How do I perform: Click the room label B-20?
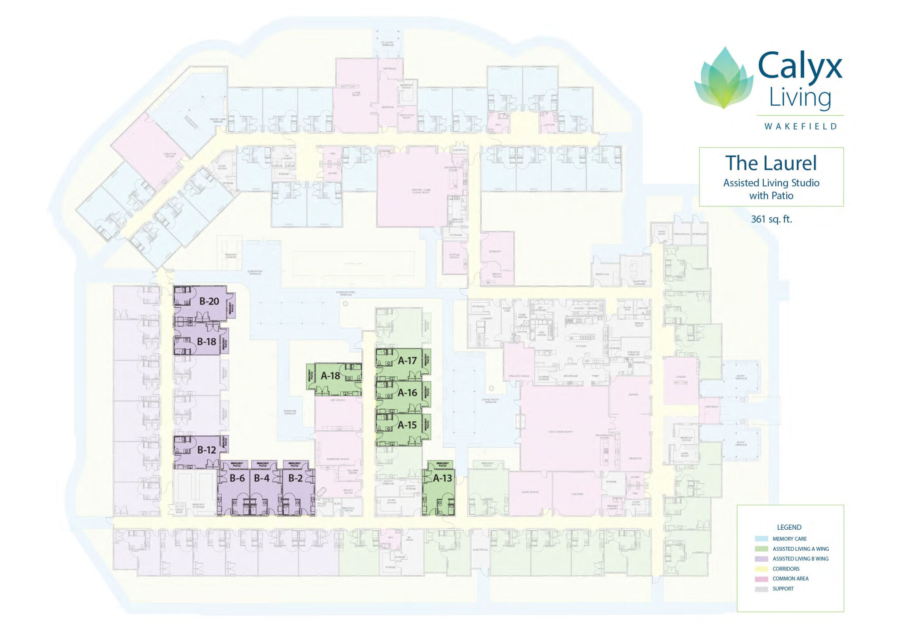coord(209,301)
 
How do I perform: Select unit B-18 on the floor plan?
coord(206,342)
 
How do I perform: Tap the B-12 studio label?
coord(206,450)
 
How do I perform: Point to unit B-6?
coord(237,478)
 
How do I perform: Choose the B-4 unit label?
coord(261,478)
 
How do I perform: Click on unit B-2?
coord(295,478)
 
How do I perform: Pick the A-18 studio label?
coord(330,376)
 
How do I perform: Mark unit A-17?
coord(407,361)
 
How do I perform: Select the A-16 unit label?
coord(407,393)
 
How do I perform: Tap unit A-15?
coord(407,425)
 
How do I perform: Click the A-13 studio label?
coord(442,478)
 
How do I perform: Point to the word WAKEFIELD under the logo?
coord(801,127)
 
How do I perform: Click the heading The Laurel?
coord(771,163)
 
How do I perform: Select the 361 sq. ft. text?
coord(771,219)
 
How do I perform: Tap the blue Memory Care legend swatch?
coord(761,539)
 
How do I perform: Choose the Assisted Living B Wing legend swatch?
coord(761,559)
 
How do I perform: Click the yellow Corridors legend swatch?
coord(761,569)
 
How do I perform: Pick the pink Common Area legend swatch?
coord(761,579)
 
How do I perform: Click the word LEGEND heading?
coord(789,528)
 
